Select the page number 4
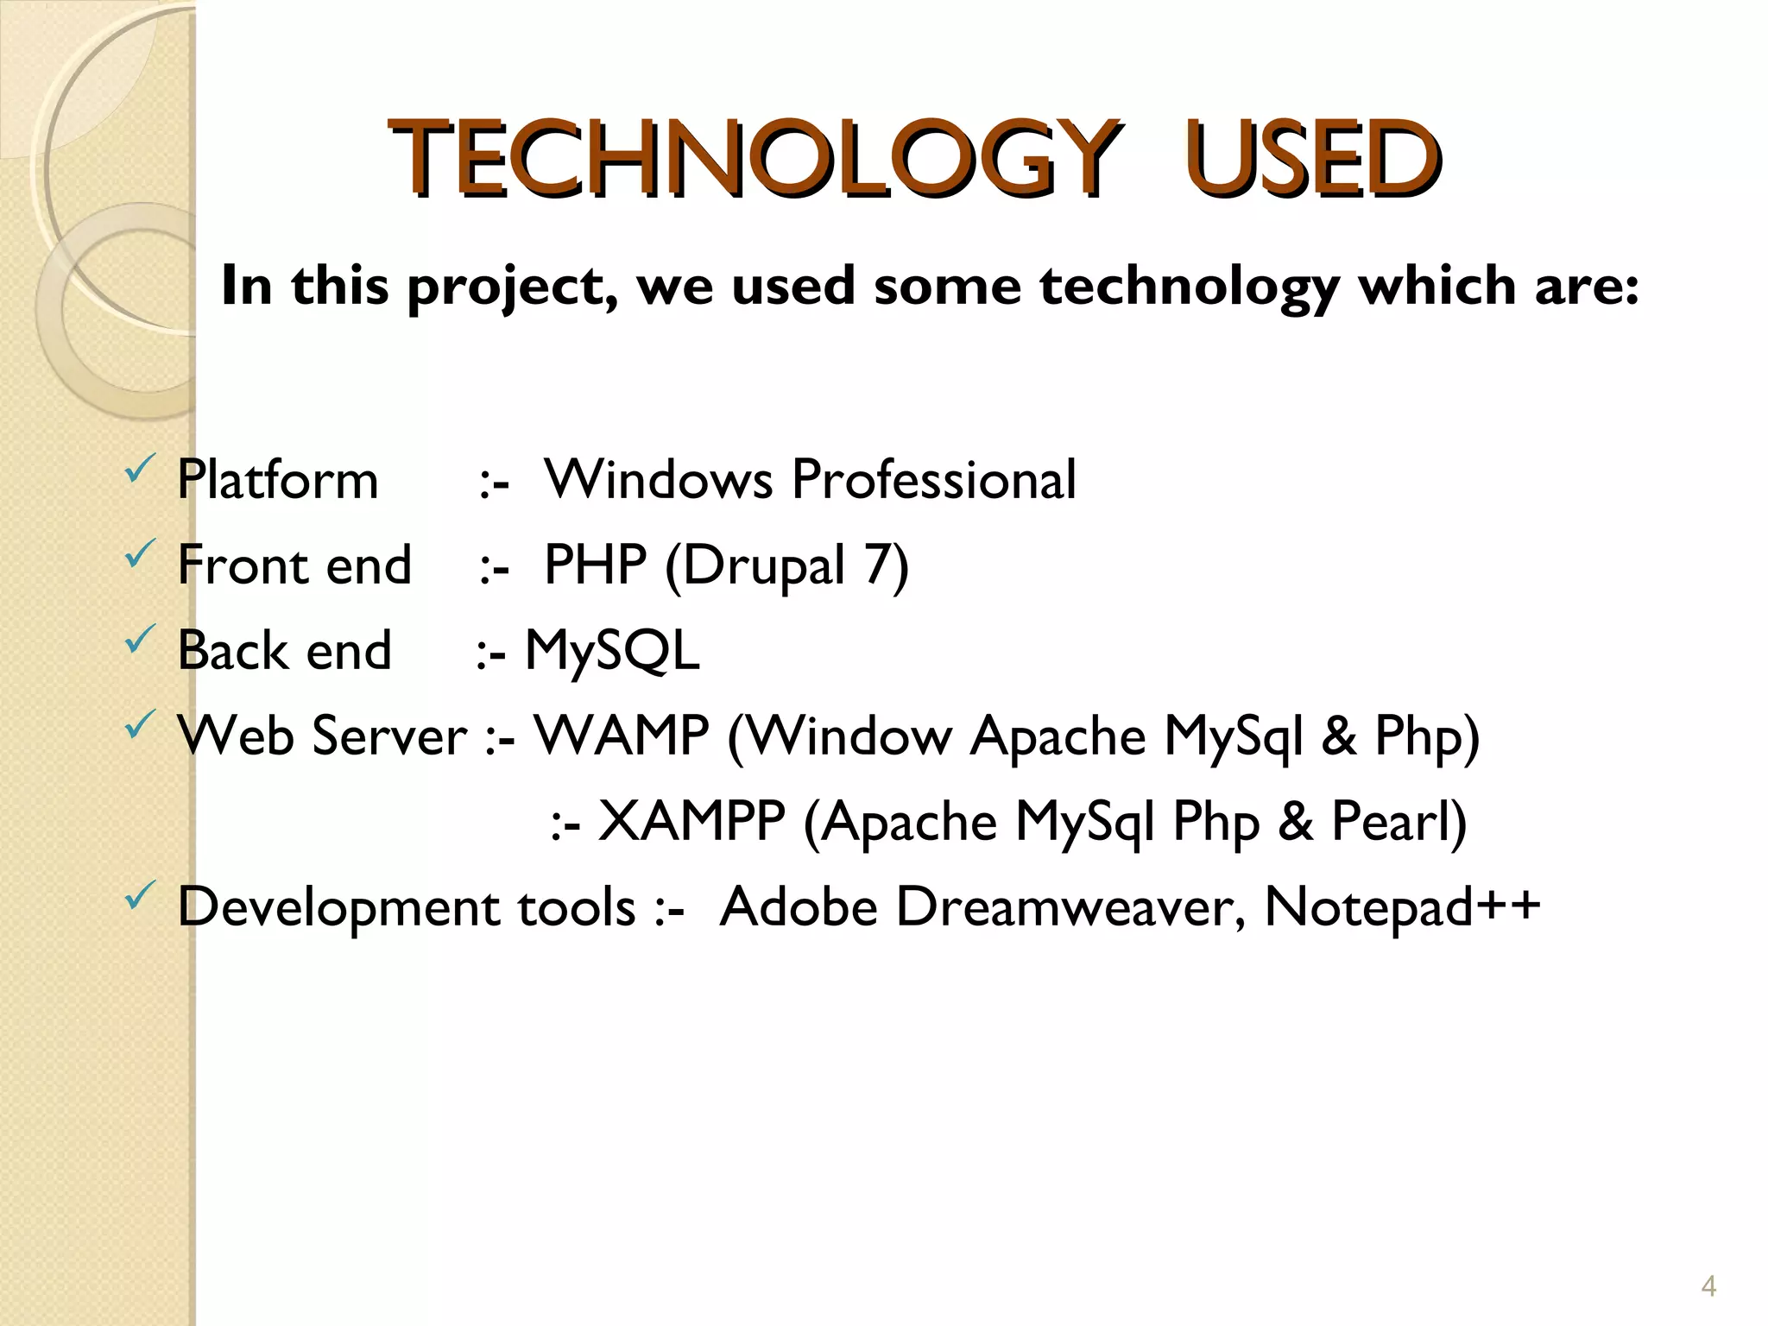coord(1708,1287)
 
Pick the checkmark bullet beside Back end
coord(140,640)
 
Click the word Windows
coord(658,479)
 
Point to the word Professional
coord(934,479)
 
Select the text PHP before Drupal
coord(595,565)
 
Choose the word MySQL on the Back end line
coord(612,650)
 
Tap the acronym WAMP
coord(622,736)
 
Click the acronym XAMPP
coord(691,821)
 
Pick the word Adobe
coord(799,907)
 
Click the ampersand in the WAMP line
coord(1338,736)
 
